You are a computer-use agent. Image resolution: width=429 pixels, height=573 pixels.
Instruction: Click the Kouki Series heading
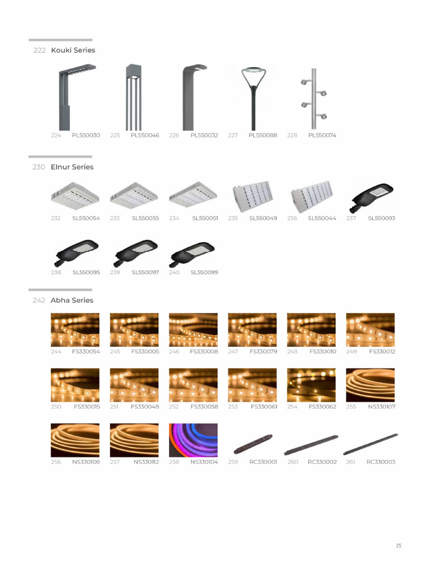point(73,50)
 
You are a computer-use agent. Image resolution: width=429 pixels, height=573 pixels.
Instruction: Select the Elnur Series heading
point(72,167)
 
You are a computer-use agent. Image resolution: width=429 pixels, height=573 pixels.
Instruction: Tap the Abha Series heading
point(71,300)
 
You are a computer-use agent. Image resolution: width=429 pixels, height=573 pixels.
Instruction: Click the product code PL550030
point(86,135)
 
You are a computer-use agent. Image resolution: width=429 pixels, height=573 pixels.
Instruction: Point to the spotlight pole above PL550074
point(313,99)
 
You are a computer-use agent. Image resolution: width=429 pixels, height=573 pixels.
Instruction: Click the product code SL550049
point(263,218)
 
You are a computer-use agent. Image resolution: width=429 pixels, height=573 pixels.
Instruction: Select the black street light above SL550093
point(370,199)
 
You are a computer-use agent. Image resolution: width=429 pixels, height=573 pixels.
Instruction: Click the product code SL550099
point(204,273)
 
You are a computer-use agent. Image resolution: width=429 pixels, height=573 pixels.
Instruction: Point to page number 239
point(115,273)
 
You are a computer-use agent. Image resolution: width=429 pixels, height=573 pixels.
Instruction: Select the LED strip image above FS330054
point(75,330)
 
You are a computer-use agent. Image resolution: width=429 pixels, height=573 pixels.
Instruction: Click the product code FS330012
point(382,351)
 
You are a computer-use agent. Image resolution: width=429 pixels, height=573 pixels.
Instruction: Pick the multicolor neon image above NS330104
point(193,440)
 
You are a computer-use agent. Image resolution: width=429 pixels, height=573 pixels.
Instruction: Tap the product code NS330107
point(382,407)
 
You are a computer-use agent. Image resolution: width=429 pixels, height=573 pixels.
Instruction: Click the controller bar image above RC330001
point(252,443)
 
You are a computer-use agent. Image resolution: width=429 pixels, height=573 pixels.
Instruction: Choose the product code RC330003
point(381,462)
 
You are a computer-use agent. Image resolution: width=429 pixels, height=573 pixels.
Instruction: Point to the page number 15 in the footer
point(398,546)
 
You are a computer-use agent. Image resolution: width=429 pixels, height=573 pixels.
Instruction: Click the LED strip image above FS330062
point(311,385)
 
